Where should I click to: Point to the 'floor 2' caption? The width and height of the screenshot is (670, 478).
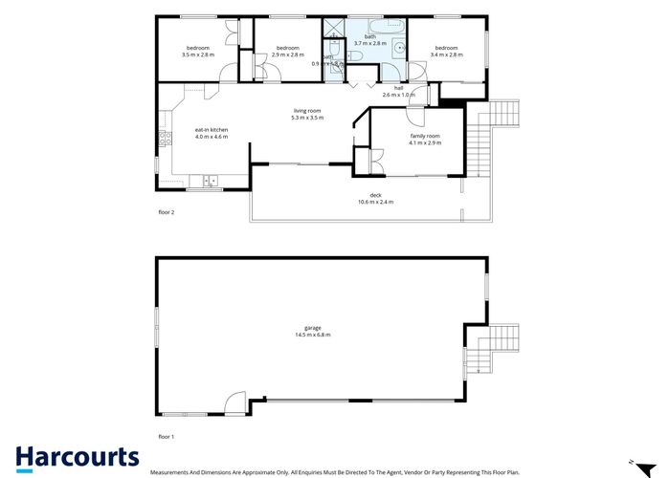[x=167, y=211]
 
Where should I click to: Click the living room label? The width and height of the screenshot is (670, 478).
[x=307, y=111]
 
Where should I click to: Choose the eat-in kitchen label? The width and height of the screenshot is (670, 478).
[x=211, y=130]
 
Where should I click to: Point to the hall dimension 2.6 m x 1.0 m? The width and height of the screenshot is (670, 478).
[x=400, y=96]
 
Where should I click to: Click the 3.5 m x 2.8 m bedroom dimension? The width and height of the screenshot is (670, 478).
[x=197, y=54]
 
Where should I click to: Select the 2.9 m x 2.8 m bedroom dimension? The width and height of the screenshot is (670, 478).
[x=288, y=54]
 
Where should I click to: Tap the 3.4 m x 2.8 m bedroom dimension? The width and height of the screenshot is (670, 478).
[x=446, y=54]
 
